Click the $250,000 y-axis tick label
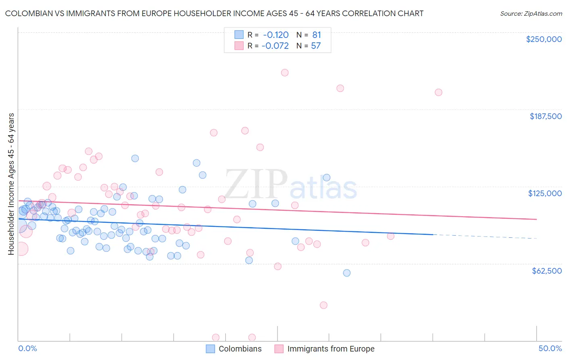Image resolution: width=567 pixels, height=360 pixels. (x=544, y=39)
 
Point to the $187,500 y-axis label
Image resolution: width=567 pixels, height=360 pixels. (x=545, y=116)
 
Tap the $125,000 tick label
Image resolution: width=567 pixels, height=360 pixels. (x=545, y=193)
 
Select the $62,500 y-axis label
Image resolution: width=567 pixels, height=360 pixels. (x=546, y=271)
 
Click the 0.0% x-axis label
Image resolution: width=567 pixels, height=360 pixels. (x=28, y=348)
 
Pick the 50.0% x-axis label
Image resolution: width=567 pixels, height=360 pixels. (x=550, y=348)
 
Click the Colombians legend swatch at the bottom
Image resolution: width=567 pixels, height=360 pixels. (x=210, y=349)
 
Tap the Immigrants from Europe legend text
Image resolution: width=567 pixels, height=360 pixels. (x=331, y=349)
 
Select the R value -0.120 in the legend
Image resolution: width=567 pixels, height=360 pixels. (x=275, y=35)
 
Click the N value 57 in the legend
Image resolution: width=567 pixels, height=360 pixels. (x=316, y=46)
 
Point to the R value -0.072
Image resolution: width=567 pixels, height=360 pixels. (x=275, y=46)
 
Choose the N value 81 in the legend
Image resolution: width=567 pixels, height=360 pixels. (x=317, y=35)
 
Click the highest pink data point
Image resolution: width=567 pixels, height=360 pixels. (x=285, y=73)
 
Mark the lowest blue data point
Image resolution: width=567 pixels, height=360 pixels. (x=347, y=273)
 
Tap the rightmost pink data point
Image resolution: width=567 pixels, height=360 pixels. (x=438, y=92)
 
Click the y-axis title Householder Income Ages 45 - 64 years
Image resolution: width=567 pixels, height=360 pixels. (x=11, y=184)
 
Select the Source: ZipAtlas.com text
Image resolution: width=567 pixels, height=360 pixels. (x=531, y=13)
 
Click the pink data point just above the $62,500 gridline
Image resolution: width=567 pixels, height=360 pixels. (x=277, y=266)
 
